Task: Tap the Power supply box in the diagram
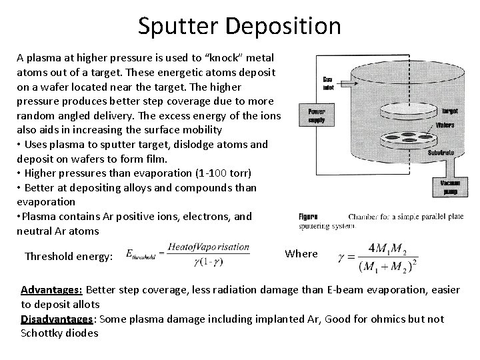(317, 117)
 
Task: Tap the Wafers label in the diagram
(445, 125)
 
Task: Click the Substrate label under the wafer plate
(441, 153)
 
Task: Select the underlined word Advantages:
(51, 290)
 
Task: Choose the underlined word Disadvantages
(58, 319)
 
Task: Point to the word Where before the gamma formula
(301, 253)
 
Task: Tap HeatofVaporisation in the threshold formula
(207, 247)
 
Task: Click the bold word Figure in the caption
(308, 216)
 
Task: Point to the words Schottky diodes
(59, 333)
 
